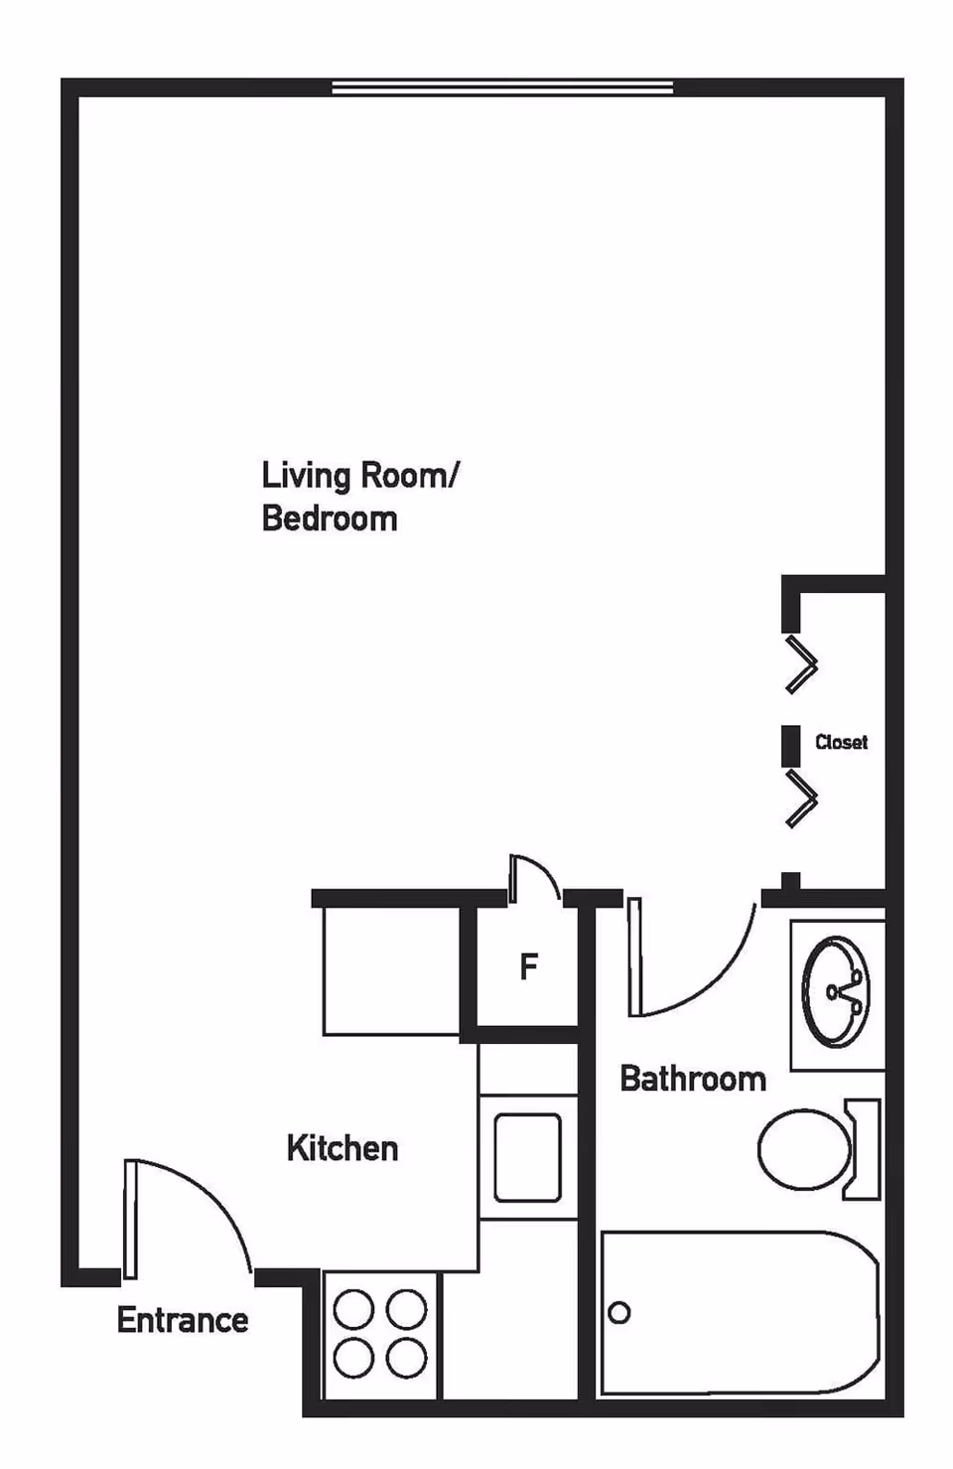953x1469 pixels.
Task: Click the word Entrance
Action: pyautogui.click(x=183, y=1320)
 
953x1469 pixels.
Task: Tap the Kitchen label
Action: pyautogui.click(x=342, y=1148)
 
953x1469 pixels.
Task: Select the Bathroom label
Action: pyautogui.click(x=693, y=1079)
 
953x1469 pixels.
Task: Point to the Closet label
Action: pyautogui.click(x=841, y=742)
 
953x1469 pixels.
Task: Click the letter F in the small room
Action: pyautogui.click(x=529, y=965)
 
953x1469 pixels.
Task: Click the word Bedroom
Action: pyautogui.click(x=330, y=518)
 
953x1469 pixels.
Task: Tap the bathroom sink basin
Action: pyautogui.click(x=836, y=991)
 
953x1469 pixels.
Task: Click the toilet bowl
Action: pyautogui.click(x=804, y=1149)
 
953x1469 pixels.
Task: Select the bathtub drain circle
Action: pyautogui.click(x=619, y=1312)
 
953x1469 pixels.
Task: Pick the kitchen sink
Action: pyautogui.click(x=528, y=1157)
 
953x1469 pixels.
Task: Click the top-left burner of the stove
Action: pyautogui.click(x=353, y=1310)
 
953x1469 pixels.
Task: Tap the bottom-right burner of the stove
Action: pyautogui.click(x=406, y=1358)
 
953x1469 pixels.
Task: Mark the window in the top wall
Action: pyautogui.click(x=502, y=88)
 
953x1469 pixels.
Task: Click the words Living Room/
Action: pyautogui.click(x=359, y=476)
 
